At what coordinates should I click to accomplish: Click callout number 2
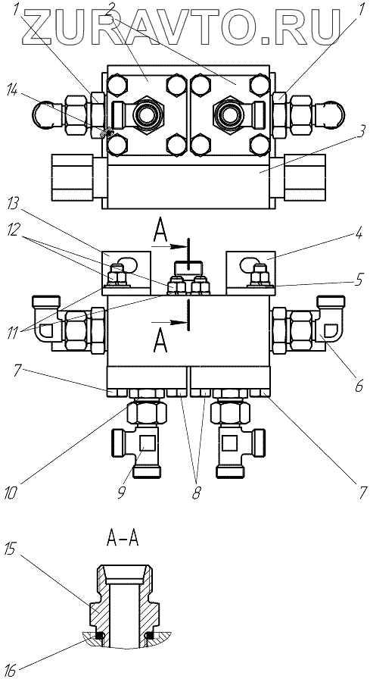pos(110,8)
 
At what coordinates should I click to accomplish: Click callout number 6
pos(359,384)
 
